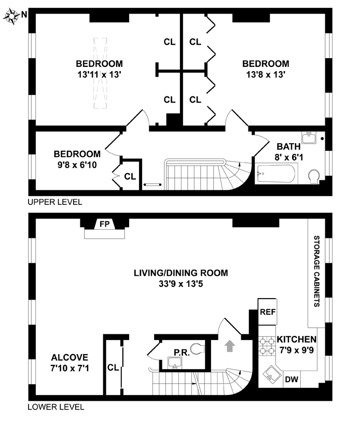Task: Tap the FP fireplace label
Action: click(x=105, y=224)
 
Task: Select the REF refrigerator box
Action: click(x=268, y=312)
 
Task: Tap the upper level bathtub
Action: click(x=276, y=175)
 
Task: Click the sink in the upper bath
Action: click(x=309, y=138)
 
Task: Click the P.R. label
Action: click(x=182, y=353)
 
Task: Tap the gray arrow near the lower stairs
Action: click(x=228, y=345)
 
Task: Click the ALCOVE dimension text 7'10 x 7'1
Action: click(x=70, y=369)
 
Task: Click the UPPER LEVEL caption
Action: click(x=54, y=202)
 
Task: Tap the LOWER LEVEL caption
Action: click(x=56, y=407)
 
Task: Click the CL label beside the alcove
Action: click(x=113, y=367)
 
